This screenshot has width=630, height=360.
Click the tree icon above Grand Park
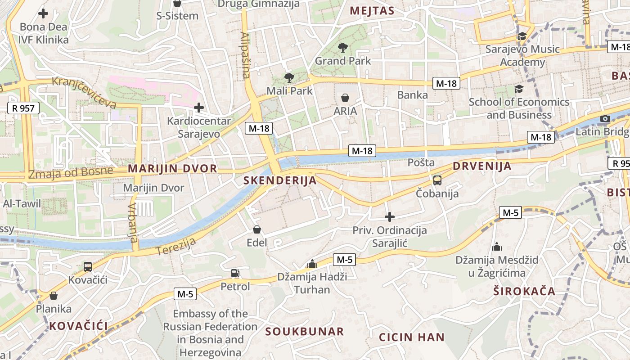pyautogui.click(x=343, y=47)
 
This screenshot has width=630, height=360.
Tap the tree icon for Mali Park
pyautogui.click(x=289, y=77)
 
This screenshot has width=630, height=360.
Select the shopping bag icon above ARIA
pyautogui.click(x=345, y=98)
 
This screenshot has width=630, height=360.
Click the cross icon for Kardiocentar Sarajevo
pyautogui.click(x=198, y=108)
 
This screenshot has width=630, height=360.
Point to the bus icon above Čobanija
pyautogui.click(x=437, y=180)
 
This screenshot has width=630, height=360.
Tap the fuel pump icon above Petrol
pyautogui.click(x=235, y=273)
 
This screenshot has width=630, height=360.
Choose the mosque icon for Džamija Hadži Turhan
pyautogui.click(x=312, y=263)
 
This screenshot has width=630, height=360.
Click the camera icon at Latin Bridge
pyautogui.click(x=605, y=119)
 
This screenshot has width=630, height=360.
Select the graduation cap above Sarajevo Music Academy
pyautogui.click(x=522, y=36)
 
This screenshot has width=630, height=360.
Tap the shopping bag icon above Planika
pyautogui.click(x=54, y=296)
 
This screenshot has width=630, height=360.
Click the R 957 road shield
pyautogui.click(x=23, y=108)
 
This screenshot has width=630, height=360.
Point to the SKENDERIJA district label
pyautogui.click(x=280, y=181)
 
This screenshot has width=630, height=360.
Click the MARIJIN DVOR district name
pyautogui.click(x=172, y=169)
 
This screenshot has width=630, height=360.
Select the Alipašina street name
pyautogui.click(x=245, y=55)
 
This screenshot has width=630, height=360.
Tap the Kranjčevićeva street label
pyautogui.click(x=84, y=93)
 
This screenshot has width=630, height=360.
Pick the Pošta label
pyautogui.click(x=421, y=162)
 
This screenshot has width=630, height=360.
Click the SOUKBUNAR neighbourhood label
pyautogui.click(x=304, y=332)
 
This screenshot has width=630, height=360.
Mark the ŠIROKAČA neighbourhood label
pyautogui.click(x=524, y=291)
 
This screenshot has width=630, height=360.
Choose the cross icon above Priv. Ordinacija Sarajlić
pyautogui.click(x=390, y=217)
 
